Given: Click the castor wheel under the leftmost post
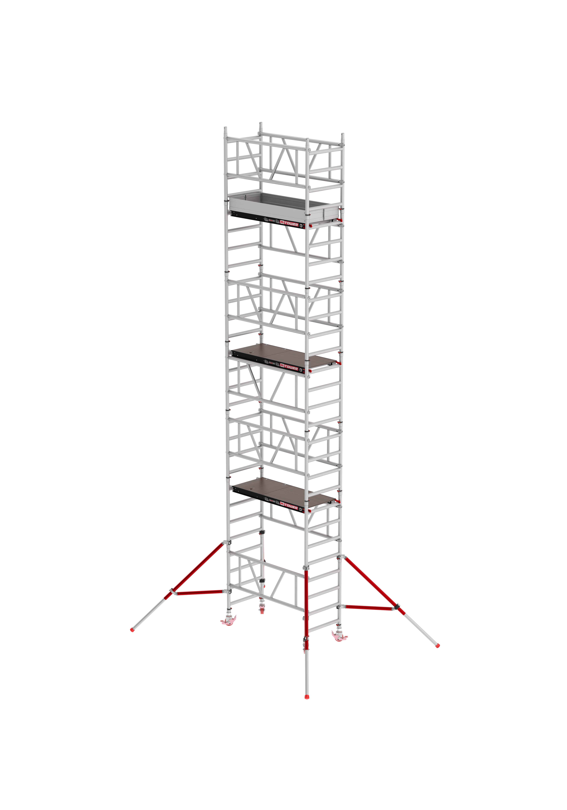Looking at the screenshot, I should tap(229, 620).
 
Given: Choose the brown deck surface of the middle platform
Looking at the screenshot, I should tap(282, 355).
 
